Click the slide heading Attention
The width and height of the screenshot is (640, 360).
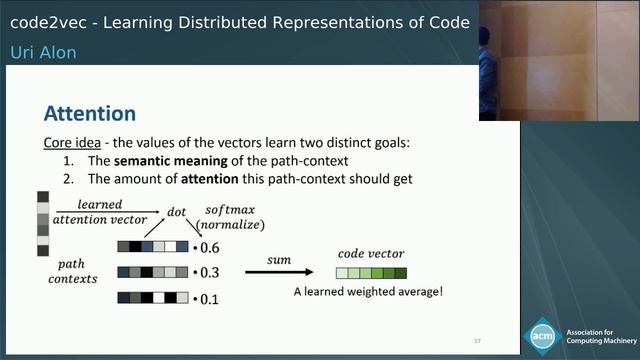point(90,113)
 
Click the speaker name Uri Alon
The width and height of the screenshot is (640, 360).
point(43,52)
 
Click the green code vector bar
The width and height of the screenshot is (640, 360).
point(371,272)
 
